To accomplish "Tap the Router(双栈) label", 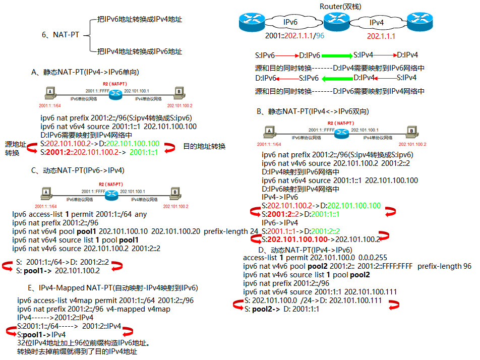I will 340,6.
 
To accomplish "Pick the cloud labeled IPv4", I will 377,23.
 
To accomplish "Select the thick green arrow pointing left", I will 337,78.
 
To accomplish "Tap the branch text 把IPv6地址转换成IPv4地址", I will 140,19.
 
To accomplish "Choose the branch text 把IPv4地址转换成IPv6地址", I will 140,51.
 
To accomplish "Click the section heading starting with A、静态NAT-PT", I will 85,72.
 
